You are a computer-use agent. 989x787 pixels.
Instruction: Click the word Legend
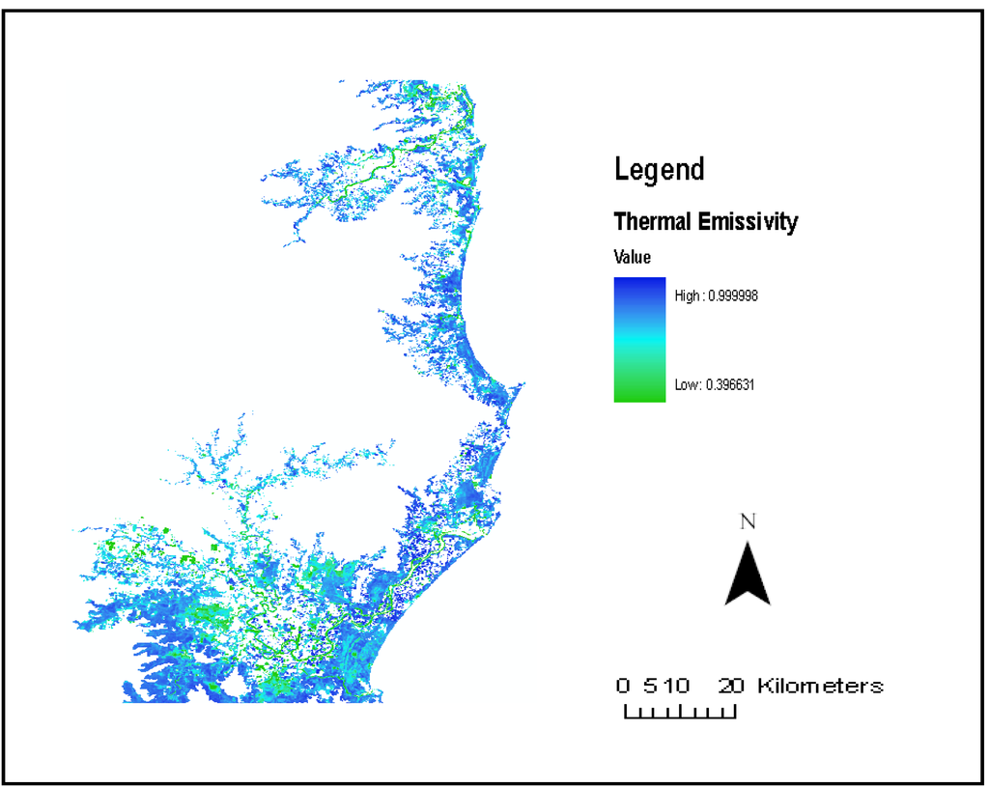pyautogui.click(x=660, y=170)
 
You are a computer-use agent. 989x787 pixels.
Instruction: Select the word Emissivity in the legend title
pyautogui.click(x=750, y=222)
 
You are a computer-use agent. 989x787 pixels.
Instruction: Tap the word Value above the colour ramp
pyautogui.click(x=632, y=258)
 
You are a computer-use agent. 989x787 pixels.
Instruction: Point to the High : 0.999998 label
pyautogui.click(x=716, y=296)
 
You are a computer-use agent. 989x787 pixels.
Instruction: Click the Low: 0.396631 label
pyautogui.click(x=714, y=384)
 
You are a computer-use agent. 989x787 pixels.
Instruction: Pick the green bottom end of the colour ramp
pyautogui.click(x=639, y=392)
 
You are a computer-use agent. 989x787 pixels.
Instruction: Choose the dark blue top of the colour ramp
pyautogui.click(x=639, y=286)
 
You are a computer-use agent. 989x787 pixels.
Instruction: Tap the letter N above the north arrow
pyautogui.click(x=748, y=522)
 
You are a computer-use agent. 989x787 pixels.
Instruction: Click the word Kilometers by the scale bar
pyautogui.click(x=820, y=687)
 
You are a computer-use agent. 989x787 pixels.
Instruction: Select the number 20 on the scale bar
pyautogui.click(x=731, y=687)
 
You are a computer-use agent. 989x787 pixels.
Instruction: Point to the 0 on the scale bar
pyautogui.click(x=624, y=687)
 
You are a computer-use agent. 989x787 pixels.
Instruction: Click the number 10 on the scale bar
pyautogui.click(x=679, y=687)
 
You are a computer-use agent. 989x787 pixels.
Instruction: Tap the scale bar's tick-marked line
pyautogui.click(x=680, y=715)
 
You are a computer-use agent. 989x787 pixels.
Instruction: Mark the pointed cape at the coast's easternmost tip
pyautogui.click(x=523, y=387)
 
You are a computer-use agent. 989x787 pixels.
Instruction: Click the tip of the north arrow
pyautogui.click(x=748, y=544)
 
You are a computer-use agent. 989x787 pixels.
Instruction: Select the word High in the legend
pyautogui.click(x=687, y=296)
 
